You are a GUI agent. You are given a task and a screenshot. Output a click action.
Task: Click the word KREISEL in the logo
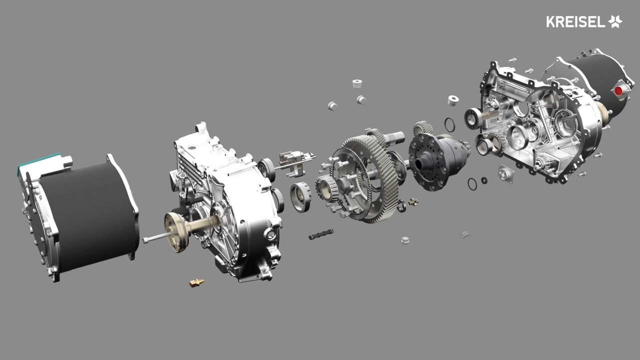575,21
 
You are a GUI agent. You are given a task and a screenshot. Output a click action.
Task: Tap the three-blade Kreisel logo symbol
615,21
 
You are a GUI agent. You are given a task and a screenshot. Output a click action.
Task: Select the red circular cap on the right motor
618,91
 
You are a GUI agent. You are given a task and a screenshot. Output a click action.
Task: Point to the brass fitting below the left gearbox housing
197,282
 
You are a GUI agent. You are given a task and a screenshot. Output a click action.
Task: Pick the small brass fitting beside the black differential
413,202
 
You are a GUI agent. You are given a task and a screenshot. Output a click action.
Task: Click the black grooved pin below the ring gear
321,234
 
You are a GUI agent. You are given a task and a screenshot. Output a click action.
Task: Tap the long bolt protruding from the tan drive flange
158,237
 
